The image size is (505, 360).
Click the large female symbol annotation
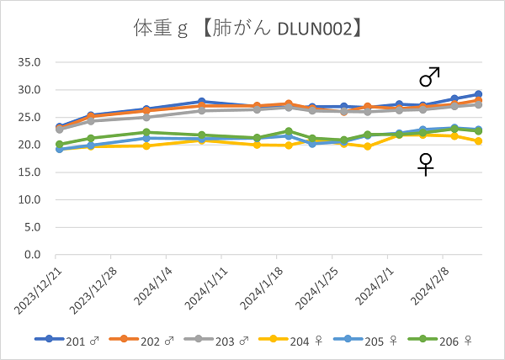pyautogui.click(x=427, y=164)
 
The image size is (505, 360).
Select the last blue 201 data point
pyautogui.click(x=478, y=94)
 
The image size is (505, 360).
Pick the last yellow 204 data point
pyautogui.click(x=478, y=141)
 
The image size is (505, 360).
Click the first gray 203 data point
pyautogui.click(x=59, y=130)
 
